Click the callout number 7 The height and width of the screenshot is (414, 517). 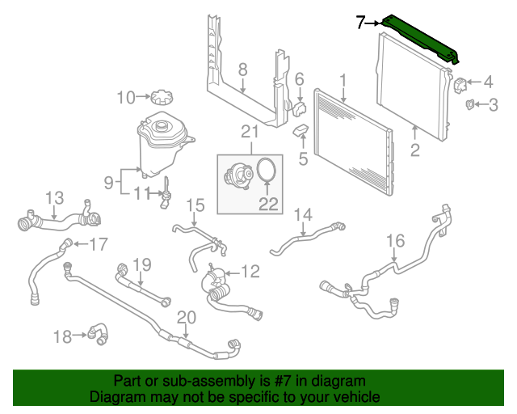[x=361, y=23]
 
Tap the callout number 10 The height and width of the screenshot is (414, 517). [x=126, y=98]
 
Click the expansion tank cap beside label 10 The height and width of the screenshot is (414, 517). [x=160, y=98]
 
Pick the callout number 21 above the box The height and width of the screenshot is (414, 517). [x=250, y=132]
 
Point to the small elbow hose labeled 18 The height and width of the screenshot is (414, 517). [x=98, y=332]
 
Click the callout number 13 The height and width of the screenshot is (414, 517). [x=53, y=197]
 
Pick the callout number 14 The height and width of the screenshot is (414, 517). [x=302, y=214]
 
